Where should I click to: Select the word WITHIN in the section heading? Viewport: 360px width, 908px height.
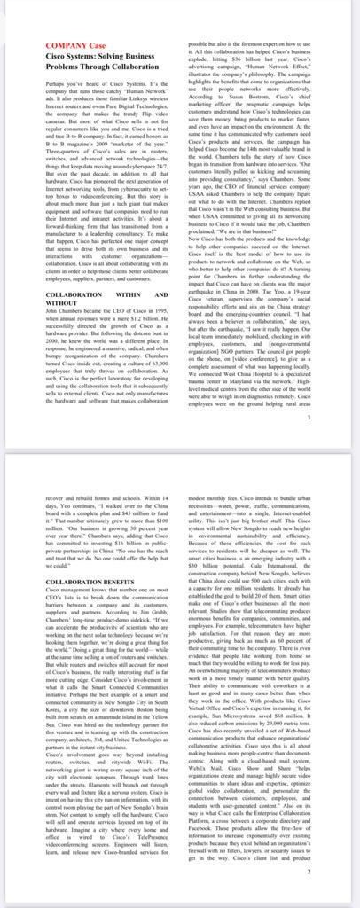coord(124,293)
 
